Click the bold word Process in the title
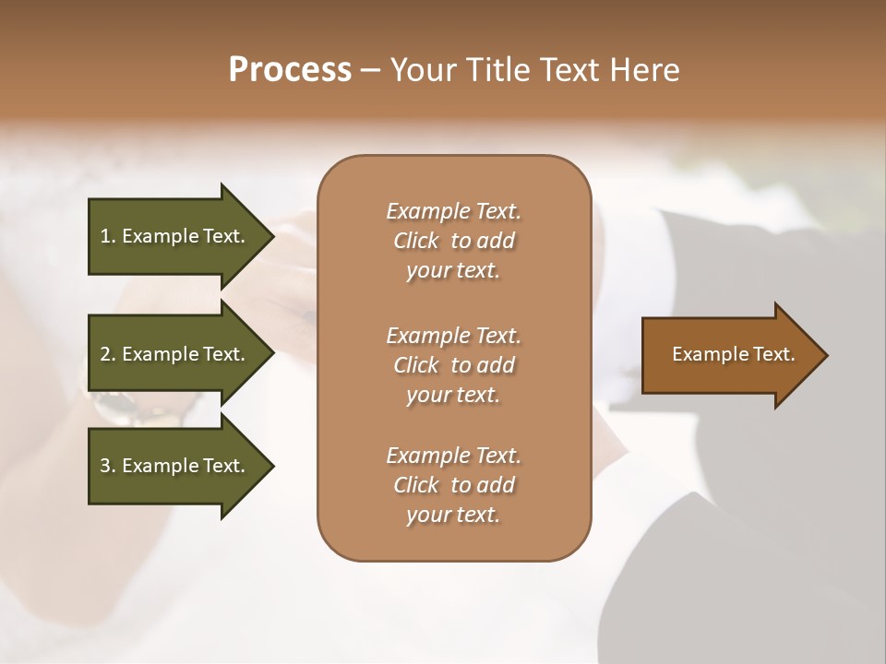tap(290, 70)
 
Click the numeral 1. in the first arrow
tap(108, 236)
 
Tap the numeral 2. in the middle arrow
tap(108, 354)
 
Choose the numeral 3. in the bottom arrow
tap(108, 466)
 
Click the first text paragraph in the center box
tap(454, 241)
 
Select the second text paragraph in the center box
tap(454, 364)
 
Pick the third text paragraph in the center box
tap(454, 485)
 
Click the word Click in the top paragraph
tap(415, 241)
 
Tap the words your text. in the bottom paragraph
tap(453, 515)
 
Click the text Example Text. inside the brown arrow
tap(734, 354)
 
